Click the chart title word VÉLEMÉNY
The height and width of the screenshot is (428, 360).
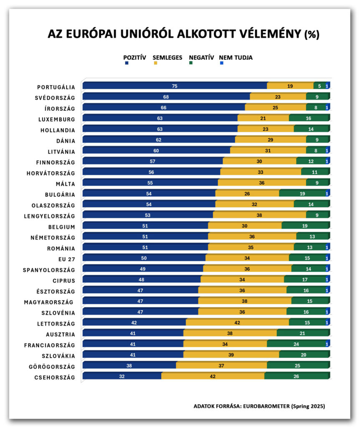coord(266,34)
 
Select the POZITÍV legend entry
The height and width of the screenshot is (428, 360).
coord(134,58)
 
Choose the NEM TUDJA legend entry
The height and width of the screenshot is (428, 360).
coord(236,58)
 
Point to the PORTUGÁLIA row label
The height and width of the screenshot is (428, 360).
coord(56,87)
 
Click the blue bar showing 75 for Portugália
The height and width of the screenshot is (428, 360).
coord(175,86)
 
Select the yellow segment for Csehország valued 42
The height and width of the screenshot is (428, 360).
coord(213,376)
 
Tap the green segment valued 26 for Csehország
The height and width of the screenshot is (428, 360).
coord(297,376)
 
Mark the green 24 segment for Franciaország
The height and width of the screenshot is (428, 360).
coord(297,344)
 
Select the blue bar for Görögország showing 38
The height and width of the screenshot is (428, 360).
coord(129,365)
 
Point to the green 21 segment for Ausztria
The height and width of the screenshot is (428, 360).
coord(303,333)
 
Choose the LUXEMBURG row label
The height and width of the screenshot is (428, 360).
coord(56,120)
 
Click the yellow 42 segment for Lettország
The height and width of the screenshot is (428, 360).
coord(237,322)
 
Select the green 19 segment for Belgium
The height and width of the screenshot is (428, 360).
coord(305,226)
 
